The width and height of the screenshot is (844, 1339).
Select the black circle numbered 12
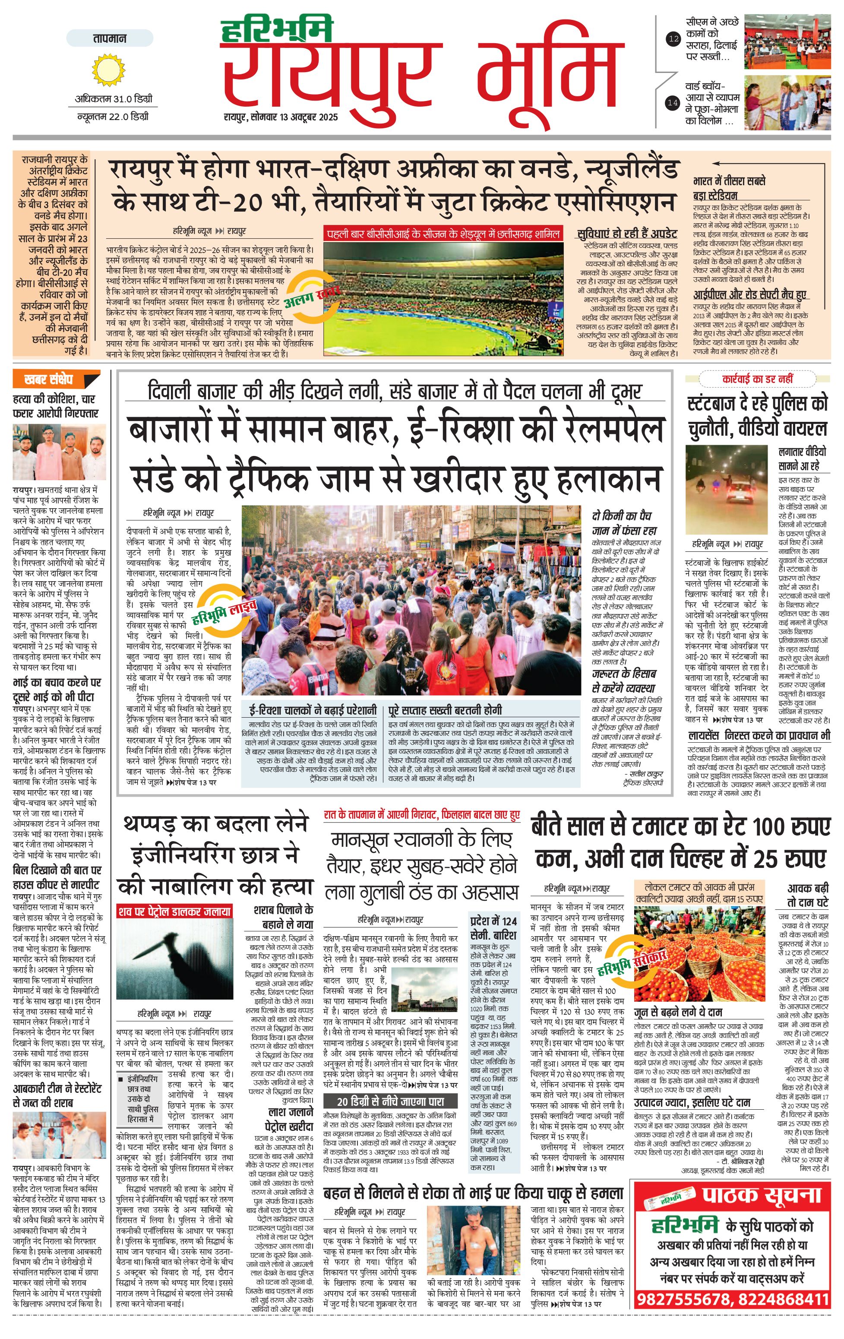coord(674,39)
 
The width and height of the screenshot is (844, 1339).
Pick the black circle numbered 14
coord(673,102)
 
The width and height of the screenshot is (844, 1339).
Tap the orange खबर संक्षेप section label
coord(56,380)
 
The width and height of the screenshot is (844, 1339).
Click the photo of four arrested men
coord(60,452)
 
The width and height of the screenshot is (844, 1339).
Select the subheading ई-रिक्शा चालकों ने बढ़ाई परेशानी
coord(313,710)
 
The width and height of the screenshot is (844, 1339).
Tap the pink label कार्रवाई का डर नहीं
coord(757,379)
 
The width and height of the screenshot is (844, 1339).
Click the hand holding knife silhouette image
coord(174,960)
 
